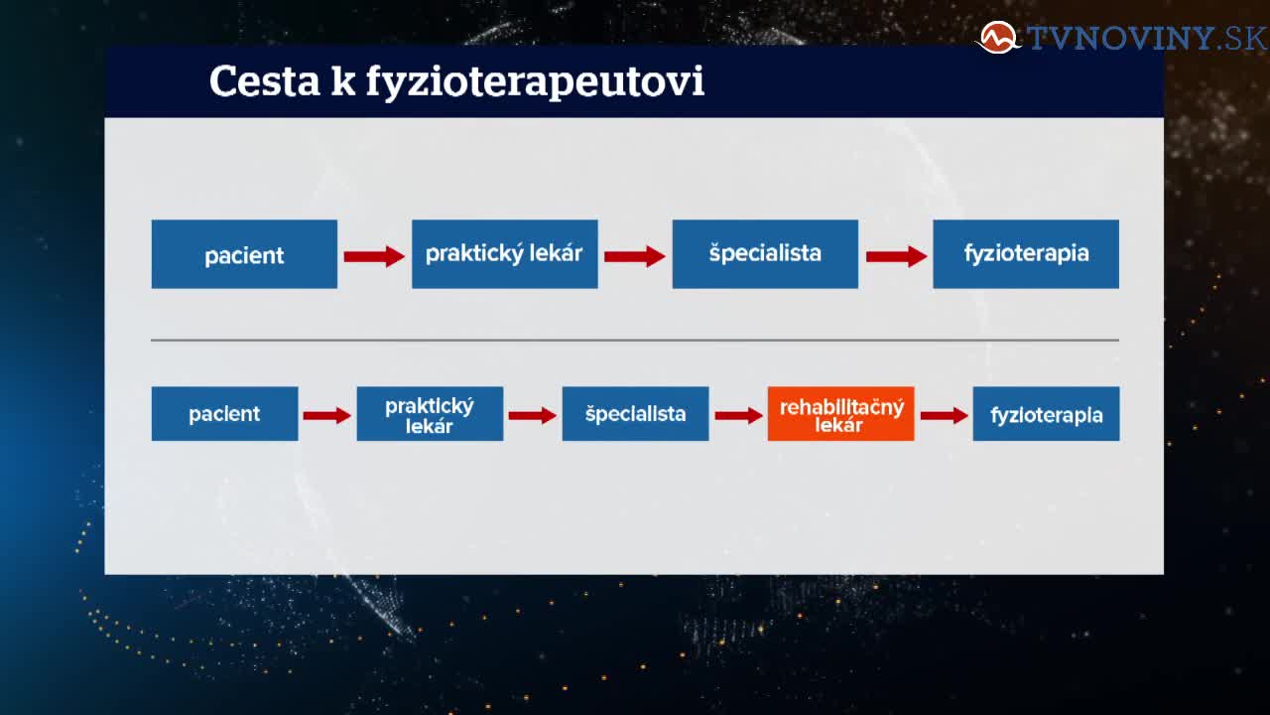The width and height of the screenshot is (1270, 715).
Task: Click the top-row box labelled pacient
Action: [244, 254]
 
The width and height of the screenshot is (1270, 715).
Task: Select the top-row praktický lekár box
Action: [505, 254]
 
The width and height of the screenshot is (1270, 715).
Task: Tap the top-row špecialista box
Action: [765, 254]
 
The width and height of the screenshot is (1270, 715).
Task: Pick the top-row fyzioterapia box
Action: [1026, 254]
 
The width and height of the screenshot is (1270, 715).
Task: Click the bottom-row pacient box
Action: [224, 414]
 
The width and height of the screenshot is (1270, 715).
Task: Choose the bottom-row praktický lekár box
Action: [430, 414]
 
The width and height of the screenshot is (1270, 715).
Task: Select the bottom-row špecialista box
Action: [636, 414]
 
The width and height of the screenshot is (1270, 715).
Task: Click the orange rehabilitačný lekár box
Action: [840, 414]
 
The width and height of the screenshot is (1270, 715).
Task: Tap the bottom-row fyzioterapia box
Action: [1046, 414]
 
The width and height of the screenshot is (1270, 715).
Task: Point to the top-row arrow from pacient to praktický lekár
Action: [374, 256]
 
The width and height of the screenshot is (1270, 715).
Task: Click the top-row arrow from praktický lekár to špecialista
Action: [635, 256]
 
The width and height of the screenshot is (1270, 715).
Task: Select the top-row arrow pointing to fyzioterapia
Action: [896, 256]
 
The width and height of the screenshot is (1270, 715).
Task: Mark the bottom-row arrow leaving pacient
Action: [327, 415]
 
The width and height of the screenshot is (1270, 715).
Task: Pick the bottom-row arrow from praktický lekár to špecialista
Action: [533, 415]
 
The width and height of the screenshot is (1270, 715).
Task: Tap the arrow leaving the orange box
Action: [944, 415]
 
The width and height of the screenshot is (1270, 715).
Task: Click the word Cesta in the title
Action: [265, 81]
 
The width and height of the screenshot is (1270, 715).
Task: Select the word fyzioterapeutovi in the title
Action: [535, 82]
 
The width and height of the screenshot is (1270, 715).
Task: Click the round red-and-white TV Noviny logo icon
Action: [998, 38]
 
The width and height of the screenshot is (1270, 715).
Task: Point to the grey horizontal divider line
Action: [635, 340]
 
